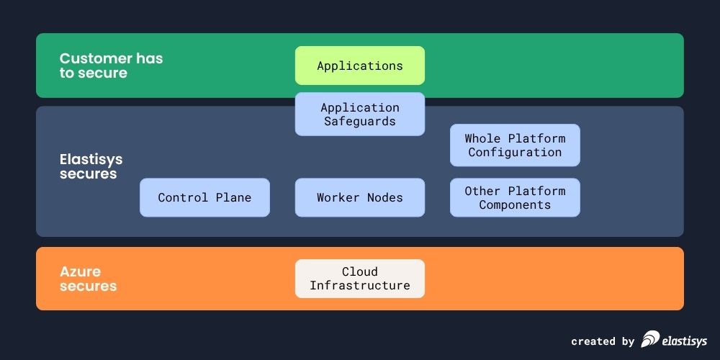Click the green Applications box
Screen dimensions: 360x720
coord(359,66)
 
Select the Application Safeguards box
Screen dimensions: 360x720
coord(359,114)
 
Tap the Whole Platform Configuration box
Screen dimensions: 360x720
coord(514,145)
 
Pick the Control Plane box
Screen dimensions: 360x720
coord(204,197)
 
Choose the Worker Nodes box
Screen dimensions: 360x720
coord(359,197)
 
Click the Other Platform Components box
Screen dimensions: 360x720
coord(514,197)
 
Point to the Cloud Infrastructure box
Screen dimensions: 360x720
coord(359,279)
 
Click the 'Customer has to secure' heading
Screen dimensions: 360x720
coord(111,66)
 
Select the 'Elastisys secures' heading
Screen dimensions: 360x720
coord(91,166)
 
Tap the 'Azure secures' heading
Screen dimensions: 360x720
coord(88,279)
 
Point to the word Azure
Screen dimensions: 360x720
coord(80,271)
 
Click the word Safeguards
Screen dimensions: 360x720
coord(359,121)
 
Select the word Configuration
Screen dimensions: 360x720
coord(514,152)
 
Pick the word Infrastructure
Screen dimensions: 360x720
coord(359,286)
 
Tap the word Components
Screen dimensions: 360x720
coord(514,204)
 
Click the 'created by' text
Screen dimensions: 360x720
coord(603,341)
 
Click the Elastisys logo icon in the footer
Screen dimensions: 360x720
coord(650,339)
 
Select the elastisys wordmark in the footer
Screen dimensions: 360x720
coord(685,341)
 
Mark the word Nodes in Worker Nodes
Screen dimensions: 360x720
coord(384,197)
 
